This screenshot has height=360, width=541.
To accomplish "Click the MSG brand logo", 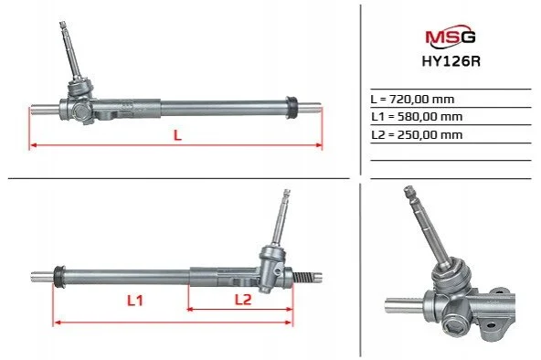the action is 451,37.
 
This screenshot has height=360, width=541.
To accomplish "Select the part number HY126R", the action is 451,61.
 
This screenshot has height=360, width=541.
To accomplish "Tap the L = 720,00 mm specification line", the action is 412,100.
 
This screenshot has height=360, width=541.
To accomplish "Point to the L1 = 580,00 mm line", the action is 417,117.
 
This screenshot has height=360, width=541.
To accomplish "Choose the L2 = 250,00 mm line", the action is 417,134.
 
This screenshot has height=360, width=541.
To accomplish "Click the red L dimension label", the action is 177,135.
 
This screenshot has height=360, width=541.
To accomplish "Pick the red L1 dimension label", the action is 135,301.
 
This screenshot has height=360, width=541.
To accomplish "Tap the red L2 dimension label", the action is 243,300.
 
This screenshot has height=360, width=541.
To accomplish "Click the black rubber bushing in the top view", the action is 292,108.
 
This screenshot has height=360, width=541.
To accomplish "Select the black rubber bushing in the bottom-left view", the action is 59,277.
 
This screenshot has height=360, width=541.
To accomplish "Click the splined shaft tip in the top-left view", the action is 62,25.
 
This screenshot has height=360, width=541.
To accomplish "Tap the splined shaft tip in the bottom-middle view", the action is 287,193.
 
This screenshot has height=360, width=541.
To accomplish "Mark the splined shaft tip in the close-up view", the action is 409,192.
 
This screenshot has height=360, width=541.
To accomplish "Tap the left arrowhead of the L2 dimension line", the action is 190,310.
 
